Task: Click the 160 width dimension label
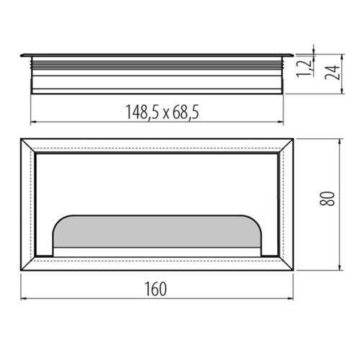[x=156, y=289]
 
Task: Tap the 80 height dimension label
[x=327, y=199]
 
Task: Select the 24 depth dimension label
[x=333, y=72]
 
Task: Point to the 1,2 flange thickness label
[x=304, y=68]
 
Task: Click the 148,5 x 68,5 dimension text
[x=163, y=112]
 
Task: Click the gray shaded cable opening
[x=157, y=231]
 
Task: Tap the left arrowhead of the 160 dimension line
[x=23, y=299]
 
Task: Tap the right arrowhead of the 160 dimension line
[x=291, y=299]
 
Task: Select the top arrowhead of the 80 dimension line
[x=339, y=141]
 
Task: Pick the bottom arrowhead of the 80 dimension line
[x=339, y=268]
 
